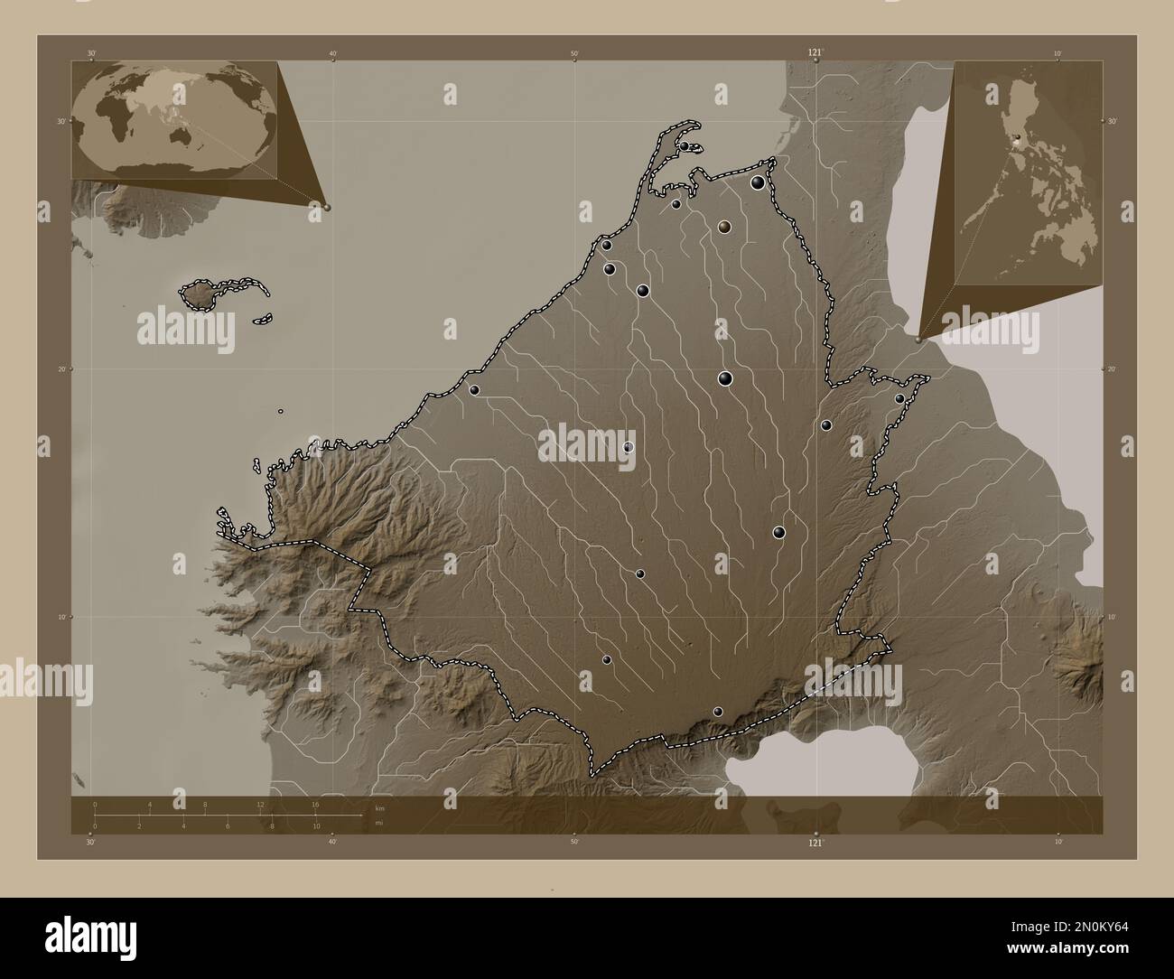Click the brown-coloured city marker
(724, 227)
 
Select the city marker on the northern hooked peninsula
(685, 146)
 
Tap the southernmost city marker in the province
(718, 712)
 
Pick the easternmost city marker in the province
(899, 398)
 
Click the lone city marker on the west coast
(473, 390)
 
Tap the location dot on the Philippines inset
(1017, 141)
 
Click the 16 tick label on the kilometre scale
(315, 804)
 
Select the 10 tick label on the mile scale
(316, 826)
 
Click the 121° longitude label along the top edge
(815, 54)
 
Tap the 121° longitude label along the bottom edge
(815, 843)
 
